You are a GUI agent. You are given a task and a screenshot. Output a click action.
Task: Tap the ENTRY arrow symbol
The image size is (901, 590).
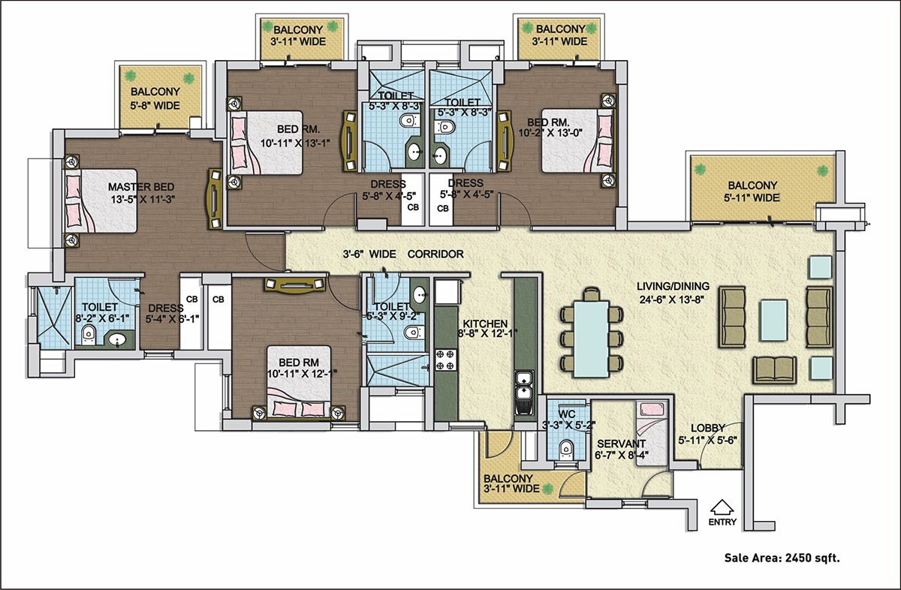721,507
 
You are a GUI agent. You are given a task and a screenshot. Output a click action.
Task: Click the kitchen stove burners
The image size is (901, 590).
446,360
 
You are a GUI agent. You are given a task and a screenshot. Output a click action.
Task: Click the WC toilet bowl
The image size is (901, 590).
567,449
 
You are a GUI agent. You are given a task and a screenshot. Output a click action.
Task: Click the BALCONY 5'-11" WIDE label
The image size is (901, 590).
752,191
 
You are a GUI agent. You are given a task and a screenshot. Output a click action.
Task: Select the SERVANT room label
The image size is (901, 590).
620,444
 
